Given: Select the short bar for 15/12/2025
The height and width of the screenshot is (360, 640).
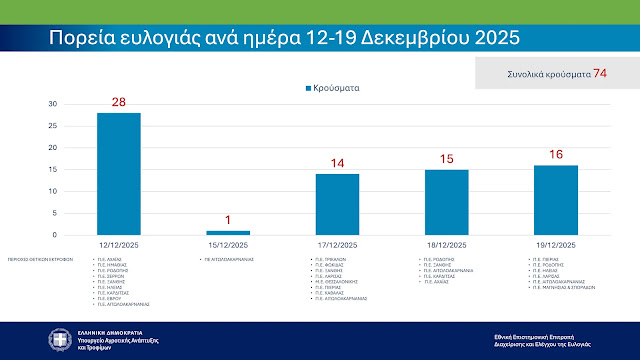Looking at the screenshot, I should pos(227,232).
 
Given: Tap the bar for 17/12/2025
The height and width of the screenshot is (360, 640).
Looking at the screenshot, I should pos(337,204).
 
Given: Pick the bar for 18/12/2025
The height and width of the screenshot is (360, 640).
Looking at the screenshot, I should pos(446,202).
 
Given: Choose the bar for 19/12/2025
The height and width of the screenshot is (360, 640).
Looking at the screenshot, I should pos(556,200).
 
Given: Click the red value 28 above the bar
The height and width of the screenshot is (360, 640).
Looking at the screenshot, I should pos(118,104).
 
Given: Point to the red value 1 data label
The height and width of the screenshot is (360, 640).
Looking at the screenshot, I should pos(227,221).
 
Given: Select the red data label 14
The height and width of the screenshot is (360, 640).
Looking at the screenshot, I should pos(337,164).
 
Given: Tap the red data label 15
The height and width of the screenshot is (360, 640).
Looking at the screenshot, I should pos(446,160).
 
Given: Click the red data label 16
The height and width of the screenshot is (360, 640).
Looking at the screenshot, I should pos(556,155).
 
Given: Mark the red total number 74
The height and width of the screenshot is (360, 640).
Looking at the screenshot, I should pos(600,74).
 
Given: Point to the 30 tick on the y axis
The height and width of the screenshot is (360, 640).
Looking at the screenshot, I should pos(53,104).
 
